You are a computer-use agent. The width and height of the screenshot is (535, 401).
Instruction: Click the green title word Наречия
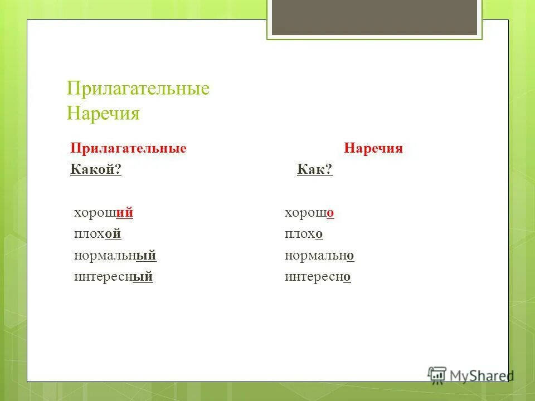(x=103, y=114)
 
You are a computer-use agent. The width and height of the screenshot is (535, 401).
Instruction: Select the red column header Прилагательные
(x=128, y=149)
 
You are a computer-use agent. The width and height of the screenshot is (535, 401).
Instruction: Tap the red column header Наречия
(x=373, y=149)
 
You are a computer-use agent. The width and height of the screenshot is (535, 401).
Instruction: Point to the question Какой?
(x=96, y=170)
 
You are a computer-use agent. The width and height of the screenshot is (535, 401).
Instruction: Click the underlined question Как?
(x=314, y=170)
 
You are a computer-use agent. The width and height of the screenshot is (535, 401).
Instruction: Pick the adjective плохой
(x=98, y=234)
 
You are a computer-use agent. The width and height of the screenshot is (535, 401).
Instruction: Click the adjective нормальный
(x=115, y=256)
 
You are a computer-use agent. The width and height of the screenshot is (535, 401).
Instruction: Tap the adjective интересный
(x=113, y=277)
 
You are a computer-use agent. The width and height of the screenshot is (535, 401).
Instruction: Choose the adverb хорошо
(x=309, y=213)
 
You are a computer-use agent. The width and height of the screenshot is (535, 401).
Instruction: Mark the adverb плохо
(x=304, y=234)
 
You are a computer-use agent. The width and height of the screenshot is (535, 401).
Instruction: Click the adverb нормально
(x=319, y=256)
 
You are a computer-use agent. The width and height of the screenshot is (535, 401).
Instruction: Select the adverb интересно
(x=317, y=277)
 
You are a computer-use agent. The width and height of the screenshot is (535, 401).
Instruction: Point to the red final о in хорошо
(x=330, y=214)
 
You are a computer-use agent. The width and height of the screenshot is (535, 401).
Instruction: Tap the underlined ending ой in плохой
(x=113, y=234)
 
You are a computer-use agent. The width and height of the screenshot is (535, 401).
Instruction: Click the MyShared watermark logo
(x=471, y=375)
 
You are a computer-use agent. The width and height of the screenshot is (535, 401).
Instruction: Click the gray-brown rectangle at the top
(x=374, y=17)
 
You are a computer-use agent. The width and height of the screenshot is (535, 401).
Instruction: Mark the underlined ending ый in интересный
(x=143, y=277)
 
